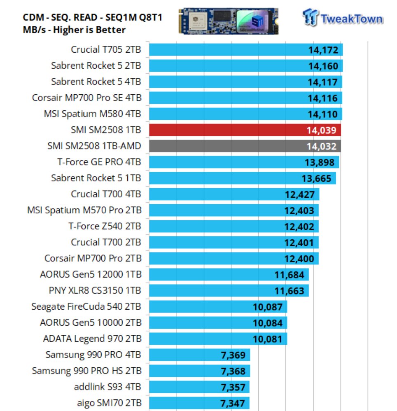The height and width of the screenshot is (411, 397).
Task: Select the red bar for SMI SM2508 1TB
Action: [245, 130]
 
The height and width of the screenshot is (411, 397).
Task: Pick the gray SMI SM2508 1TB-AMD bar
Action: [245, 146]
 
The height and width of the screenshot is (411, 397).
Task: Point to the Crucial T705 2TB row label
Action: [106, 50]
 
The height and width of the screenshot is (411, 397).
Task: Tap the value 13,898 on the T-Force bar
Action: [320, 162]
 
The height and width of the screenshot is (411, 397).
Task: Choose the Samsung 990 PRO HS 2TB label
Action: [86, 371]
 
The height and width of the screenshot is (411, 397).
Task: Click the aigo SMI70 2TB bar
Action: [199, 403]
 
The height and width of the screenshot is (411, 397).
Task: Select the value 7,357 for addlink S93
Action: [233, 387]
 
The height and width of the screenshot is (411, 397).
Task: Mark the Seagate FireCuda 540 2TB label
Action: [86, 307]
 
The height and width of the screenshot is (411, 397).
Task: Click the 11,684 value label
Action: [290, 275]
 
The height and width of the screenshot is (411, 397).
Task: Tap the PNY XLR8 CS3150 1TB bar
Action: [229, 291]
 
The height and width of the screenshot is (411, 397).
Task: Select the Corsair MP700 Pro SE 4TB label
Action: [86, 98]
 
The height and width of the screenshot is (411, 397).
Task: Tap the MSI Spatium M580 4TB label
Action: [92, 114]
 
